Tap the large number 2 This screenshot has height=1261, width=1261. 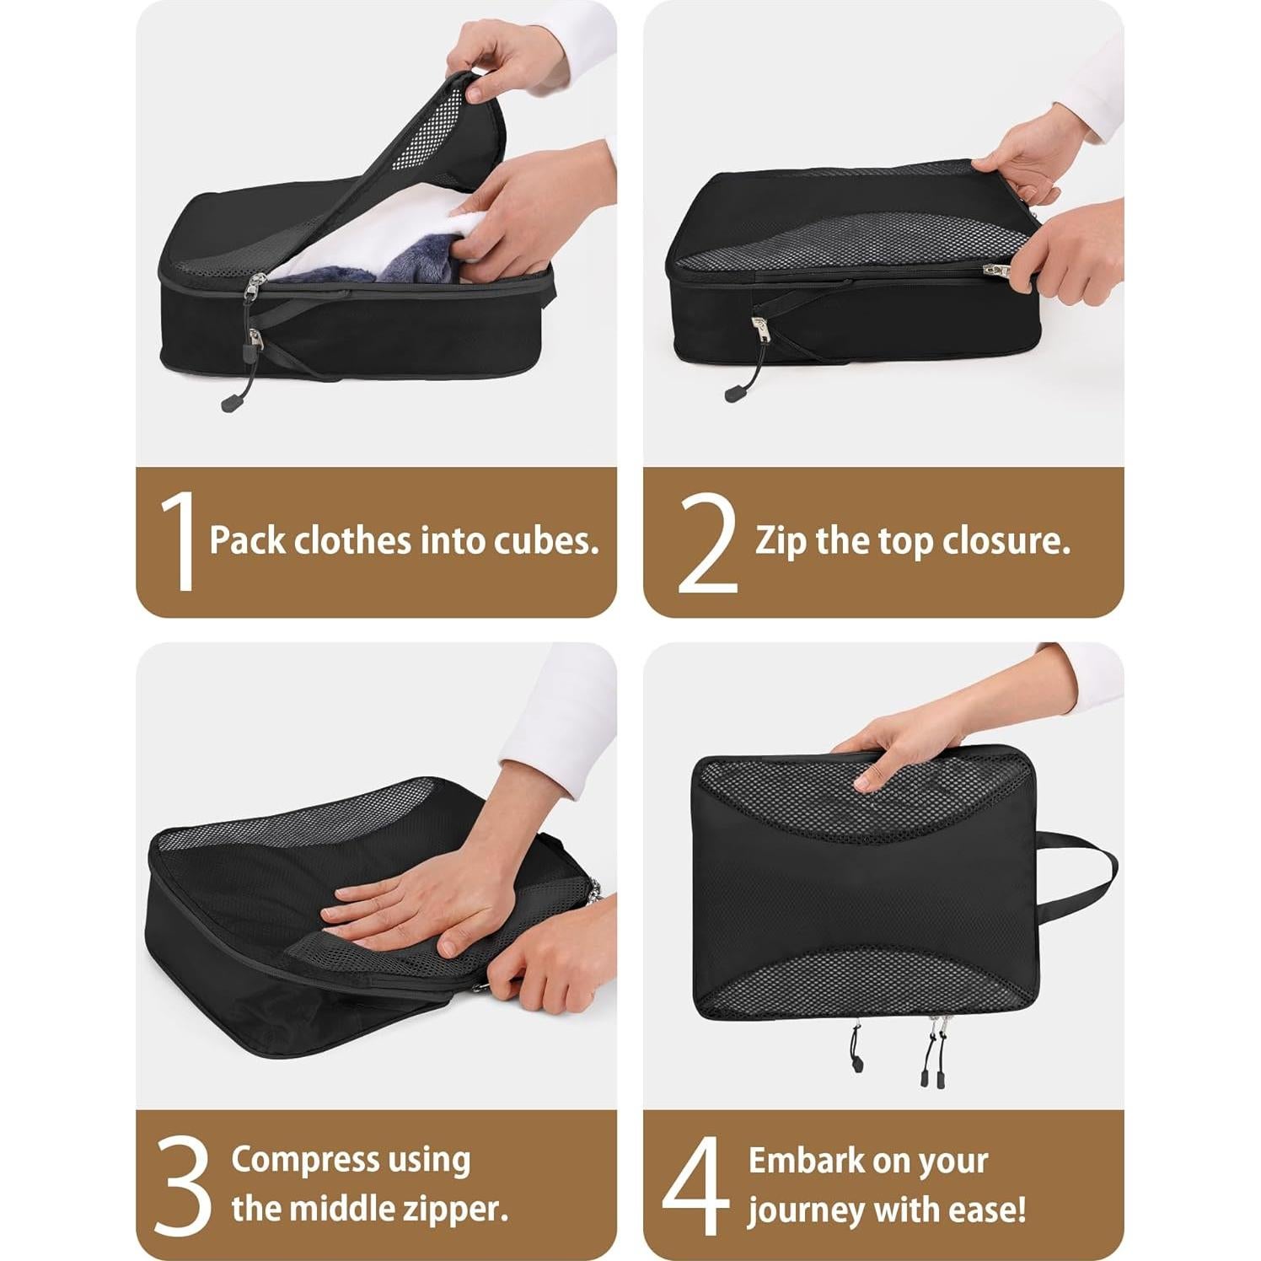(x=707, y=543)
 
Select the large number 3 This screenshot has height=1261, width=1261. (x=182, y=1186)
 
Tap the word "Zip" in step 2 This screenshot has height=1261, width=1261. (x=781, y=541)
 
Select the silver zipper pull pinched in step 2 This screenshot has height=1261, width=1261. (x=997, y=271)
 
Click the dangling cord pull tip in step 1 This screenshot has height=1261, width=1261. (x=228, y=405)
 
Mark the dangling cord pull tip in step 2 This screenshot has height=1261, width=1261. (x=732, y=394)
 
